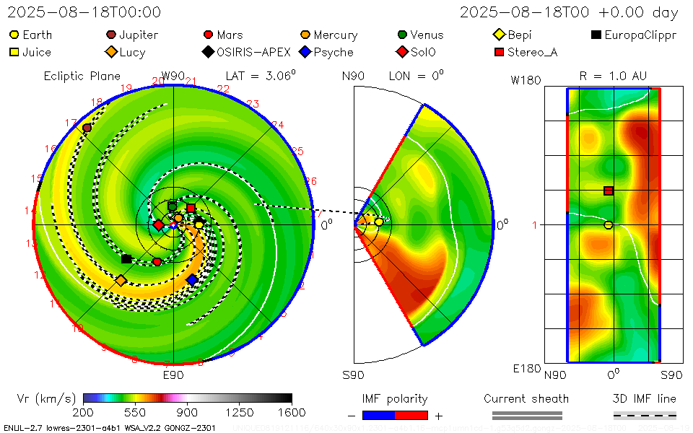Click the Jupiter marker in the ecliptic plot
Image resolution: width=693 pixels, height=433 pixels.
click(x=87, y=128)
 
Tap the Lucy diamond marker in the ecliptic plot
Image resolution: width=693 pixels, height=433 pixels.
click(x=121, y=280)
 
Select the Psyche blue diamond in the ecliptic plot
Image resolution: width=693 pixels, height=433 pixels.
click(x=192, y=279)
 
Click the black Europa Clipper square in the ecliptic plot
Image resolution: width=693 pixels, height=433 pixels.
click(x=126, y=258)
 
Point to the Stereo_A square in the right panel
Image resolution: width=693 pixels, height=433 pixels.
click(x=609, y=191)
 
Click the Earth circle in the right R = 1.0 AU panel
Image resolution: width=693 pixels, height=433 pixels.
click(x=609, y=225)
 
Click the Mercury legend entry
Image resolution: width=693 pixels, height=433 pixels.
click(x=329, y=35)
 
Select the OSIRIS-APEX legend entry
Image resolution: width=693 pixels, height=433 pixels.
click(x=249, y=52)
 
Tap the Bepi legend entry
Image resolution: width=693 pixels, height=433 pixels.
click(x=513, y=35)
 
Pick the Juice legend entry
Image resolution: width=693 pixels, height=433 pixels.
click(x=30, y=52)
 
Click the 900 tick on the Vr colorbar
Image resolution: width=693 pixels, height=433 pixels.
click(x=188, y=413)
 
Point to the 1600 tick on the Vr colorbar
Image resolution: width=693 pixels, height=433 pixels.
click(x=292, y=413)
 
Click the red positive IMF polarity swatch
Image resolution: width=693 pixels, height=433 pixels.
click(x=411, y=415)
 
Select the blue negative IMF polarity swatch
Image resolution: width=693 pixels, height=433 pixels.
click(x=378, y=415)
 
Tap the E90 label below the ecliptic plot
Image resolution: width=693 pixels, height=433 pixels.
click(x=173, y=375)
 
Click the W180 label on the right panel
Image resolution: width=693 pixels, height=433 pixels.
click(x=526, y=81)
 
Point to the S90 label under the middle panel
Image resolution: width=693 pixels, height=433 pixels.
click(x=353, y=375)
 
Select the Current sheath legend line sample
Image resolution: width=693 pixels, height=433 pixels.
click(x=526, y=415)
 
